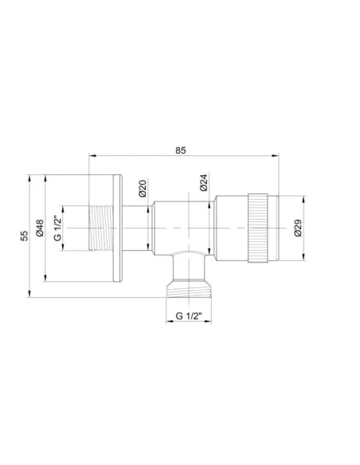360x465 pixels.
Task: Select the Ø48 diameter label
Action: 40,229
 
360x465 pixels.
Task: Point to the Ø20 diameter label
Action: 142,189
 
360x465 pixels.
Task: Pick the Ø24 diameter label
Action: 204,185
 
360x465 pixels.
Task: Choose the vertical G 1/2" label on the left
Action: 58,229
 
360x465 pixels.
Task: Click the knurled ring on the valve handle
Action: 258,229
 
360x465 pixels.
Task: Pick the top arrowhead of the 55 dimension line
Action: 29,177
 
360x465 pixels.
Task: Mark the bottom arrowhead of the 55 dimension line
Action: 29,295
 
